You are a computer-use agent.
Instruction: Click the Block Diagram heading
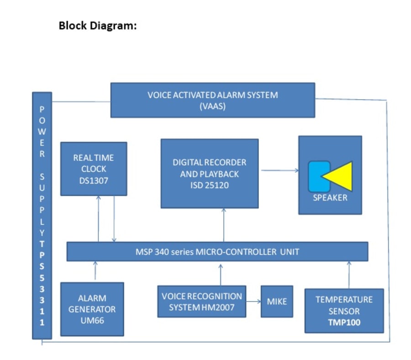(x=98, y=26)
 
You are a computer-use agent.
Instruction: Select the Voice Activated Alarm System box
(x=212, y=100)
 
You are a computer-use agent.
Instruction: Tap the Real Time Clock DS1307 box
(x=94, y=169)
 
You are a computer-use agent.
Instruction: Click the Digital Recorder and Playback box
(x=209, y=174)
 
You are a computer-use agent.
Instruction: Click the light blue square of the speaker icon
(x=318, y=176)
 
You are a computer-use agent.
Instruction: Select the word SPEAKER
(x=330, y=198)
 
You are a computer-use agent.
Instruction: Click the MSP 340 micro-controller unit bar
(x=217, y=252)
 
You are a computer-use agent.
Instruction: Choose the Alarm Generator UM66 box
(x=92, y=309)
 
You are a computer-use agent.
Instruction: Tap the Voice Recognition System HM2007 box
(x=201, y=302)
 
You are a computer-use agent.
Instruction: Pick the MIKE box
(x=276, y=302)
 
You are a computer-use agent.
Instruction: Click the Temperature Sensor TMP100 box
(x=344, y=311)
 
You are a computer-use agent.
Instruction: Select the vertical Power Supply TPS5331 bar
(x=42, y=215)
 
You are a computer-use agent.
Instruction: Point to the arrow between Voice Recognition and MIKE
(x=253, y=302)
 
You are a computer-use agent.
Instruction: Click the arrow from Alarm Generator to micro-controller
(x=95, y=270)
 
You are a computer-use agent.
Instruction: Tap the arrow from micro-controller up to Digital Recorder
(x=224, y=225)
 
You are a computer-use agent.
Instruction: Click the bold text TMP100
(x=344, y=323)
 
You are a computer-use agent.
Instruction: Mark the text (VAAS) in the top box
(x=212, y=106)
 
